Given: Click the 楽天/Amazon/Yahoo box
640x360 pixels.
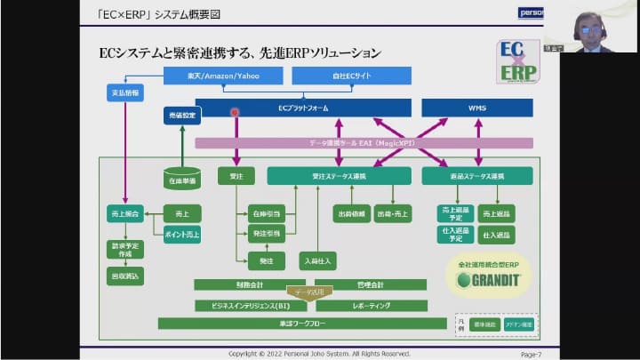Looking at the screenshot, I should pyautogui.click(x=224, y=77).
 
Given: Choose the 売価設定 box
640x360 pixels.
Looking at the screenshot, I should pyautogui.click(x=183, y=116).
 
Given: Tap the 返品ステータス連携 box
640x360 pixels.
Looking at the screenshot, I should pyautogui.click(x=476, y=176).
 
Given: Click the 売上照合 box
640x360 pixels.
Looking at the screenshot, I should pyautogui.click(x=124, y=215).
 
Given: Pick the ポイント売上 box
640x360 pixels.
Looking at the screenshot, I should pyautogui.click(x=183, y=235).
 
